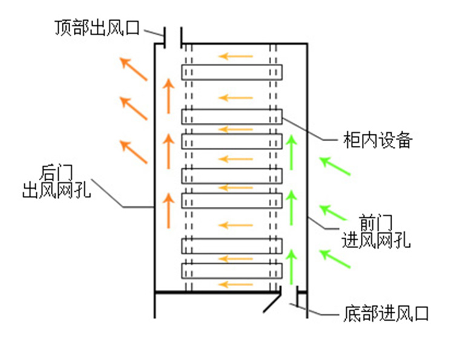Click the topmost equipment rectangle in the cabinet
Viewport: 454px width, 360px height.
coord(232,72)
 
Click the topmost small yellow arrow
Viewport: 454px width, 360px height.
coord(236,57)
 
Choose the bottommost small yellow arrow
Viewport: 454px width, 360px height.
coord(236,283)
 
